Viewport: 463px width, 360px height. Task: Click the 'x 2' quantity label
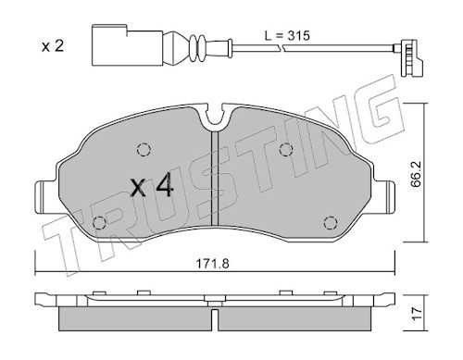coord(53,46)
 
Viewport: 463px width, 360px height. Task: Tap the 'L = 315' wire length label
coord(287,35)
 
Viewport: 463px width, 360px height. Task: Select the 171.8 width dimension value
coord(213,264)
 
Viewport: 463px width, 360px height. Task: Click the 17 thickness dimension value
coord(417,314)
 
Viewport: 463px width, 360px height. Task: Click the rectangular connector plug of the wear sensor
coord(127,45)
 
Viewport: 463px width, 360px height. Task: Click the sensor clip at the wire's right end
coord(411,58)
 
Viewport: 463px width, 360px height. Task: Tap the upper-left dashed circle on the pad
coord(144,150)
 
